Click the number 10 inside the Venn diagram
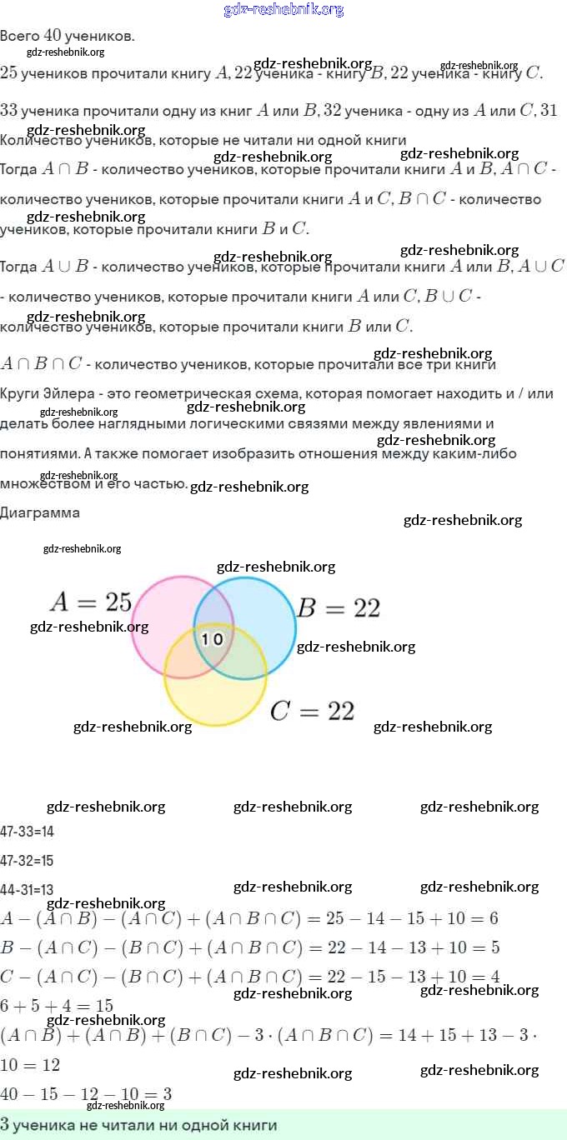pos(213,639)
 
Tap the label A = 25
pos(90,602)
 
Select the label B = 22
pos(339,608)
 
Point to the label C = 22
pos(313,711)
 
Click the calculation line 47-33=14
pos(28,831)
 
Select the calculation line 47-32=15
pos(28,860)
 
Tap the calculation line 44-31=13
pos(28,889)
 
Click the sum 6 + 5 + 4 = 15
pos(57,1006)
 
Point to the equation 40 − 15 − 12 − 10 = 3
pos(87,1093)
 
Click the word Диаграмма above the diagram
pos(40,512)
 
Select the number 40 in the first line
pos(53,36)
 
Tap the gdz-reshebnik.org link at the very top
pos(283,9)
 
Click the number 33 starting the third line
pos(9,110)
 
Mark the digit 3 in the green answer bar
pos(5,1125)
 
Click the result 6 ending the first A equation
pos(494,918)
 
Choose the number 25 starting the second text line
pos(9,73)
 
